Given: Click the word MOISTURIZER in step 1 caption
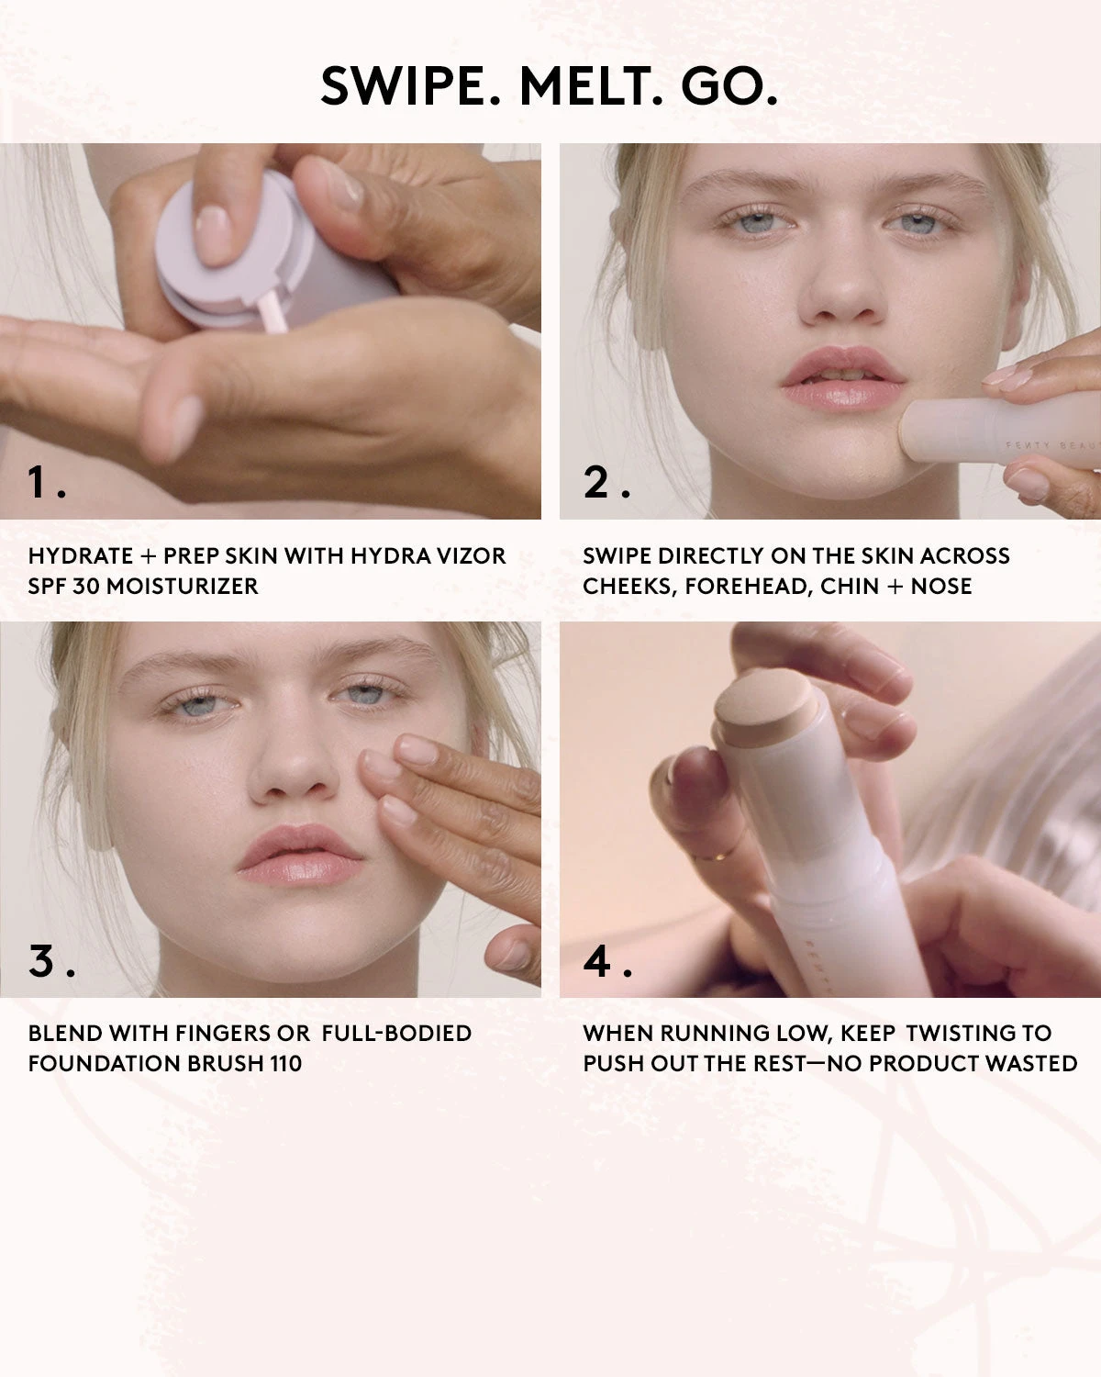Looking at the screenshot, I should pyautogui.click(x=183, y=586).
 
